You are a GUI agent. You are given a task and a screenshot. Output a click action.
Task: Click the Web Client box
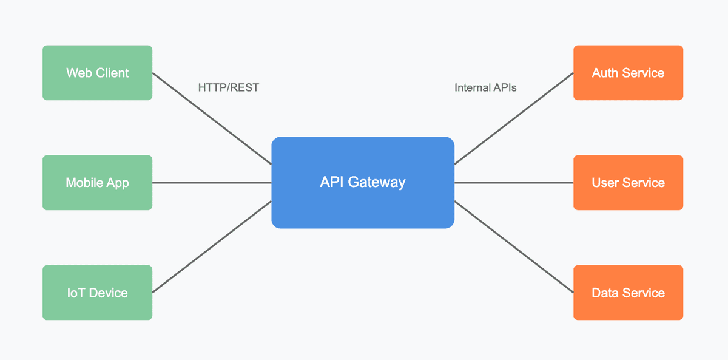[97, 73]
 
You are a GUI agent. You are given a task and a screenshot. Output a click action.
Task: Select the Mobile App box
[97, 183]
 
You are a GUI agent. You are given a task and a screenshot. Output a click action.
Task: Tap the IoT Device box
[97, 293]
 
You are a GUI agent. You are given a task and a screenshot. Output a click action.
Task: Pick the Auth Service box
[628, 73]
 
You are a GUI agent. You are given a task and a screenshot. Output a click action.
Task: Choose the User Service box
[628, 183]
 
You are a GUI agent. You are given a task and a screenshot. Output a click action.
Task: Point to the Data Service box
[628, 293]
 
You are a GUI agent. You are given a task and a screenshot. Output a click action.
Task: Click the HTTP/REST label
[228, 88]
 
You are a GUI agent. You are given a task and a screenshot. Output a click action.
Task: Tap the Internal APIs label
[485, 88]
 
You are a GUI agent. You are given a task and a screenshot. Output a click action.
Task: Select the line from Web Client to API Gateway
[211, 118]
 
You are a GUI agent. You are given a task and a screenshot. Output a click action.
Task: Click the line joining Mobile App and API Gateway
[211, 183]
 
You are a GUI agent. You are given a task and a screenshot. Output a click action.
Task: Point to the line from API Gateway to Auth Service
[514, 118]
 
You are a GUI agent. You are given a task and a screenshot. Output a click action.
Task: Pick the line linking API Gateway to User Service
[514, 183]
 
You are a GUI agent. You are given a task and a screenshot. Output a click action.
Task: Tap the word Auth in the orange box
[605, 73]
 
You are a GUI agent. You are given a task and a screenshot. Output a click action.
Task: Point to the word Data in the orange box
[605, 293]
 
